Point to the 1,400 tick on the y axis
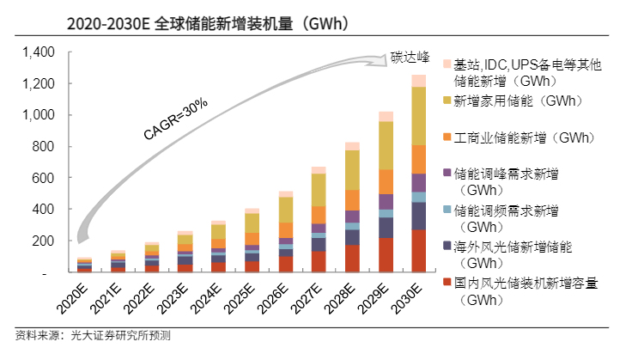point(38,52)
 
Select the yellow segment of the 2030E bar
point(418,116)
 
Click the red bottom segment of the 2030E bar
point(418,251)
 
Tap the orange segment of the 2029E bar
point(386,181)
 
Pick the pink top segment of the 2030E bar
point(418,81)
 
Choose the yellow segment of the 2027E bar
point(319,190)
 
